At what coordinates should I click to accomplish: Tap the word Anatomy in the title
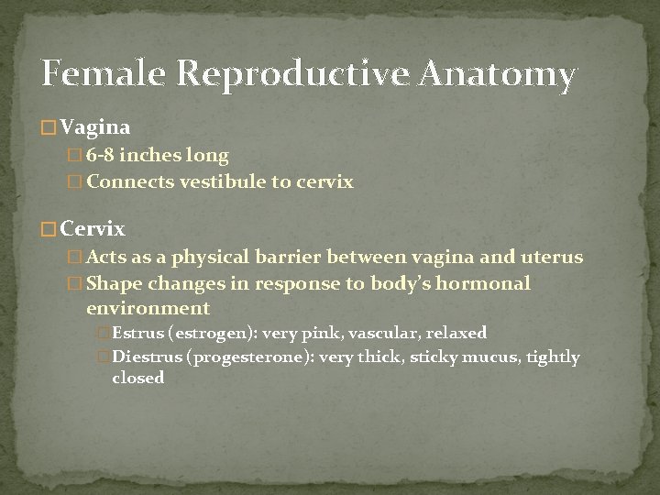tap(498, 74)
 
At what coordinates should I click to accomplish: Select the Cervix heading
tap(93, 228)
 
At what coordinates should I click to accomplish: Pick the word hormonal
tap(482, 283)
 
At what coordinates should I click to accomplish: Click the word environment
tap(148, 308)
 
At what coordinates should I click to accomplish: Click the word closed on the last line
tap(137, 378)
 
